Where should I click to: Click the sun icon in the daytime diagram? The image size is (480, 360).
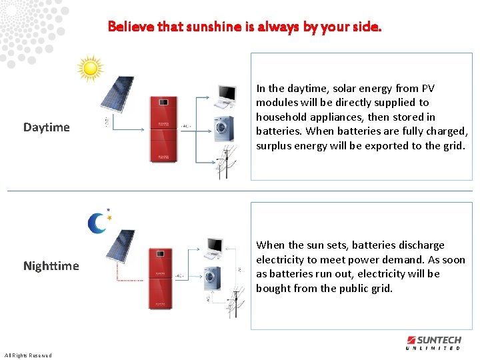point(90,68)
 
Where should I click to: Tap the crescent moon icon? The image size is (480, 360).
point(99,223)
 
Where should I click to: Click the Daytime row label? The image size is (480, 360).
point(46,127)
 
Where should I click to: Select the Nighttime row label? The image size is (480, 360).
point(51,266)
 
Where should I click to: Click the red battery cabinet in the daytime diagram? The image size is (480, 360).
point(163,129)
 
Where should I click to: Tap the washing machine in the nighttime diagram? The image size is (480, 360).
point(211,276)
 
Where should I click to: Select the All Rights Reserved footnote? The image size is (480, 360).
point(27,355)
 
